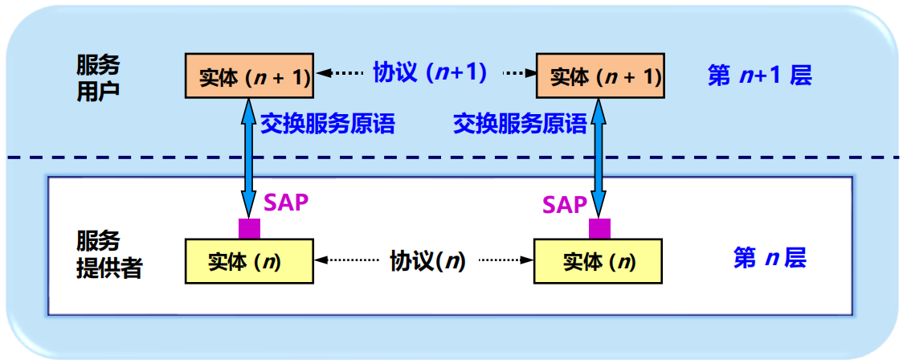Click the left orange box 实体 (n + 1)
tap(250, 77)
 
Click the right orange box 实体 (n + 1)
tap(600, 77)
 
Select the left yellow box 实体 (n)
tap(249, 261)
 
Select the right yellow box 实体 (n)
tap(599, 261)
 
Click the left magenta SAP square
tap(249, 228)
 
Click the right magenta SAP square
tap(599, 228)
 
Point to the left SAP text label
tap(286, 202)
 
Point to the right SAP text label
tap(565, 205)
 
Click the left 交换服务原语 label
tap(328, 124)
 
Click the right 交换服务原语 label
tap(520, 124)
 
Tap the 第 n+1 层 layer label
tap(759, 76)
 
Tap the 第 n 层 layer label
tap(770, 258)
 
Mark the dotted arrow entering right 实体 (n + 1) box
tap(519, 73)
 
